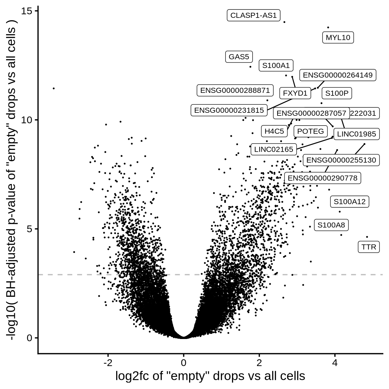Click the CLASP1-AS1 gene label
click(253, 16)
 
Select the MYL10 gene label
click(338, 37)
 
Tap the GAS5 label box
click(239, 57)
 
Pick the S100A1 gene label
click(276, 66)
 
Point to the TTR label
click(368, 247)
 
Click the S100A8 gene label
click(331, 225)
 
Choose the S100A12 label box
click(349, 202)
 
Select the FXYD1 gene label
click(295, 93)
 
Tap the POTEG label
click(310, 131)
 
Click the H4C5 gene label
click(274, 131)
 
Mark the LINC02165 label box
click(274, 149)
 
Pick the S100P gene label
click(336, 93)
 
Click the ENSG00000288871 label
click(235, 90)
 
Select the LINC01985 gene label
click(356, 134)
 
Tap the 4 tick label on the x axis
click(335, 363)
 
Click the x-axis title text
click(210, 376)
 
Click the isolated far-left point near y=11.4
click(54, 88)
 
